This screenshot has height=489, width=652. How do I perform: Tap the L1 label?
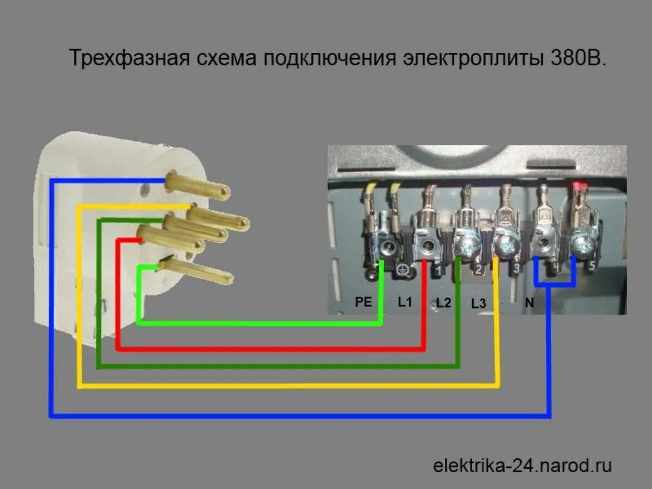pyautogui.click(x=404, y=302)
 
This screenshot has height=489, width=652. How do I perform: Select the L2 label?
pyautogui.click(x=444, y=303)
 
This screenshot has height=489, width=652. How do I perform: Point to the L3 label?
pyautogui.click(x=478, y=304)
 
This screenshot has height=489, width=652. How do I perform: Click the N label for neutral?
pyautogui.click(x=530, y=304)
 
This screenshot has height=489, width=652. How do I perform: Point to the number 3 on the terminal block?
pyautogui.click(x=516, y=269)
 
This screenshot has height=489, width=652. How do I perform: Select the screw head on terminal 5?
pyautogui.click(x=584, y=243)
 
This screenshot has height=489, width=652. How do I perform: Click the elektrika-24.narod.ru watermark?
pyautogui.click(x=522, y=465)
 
